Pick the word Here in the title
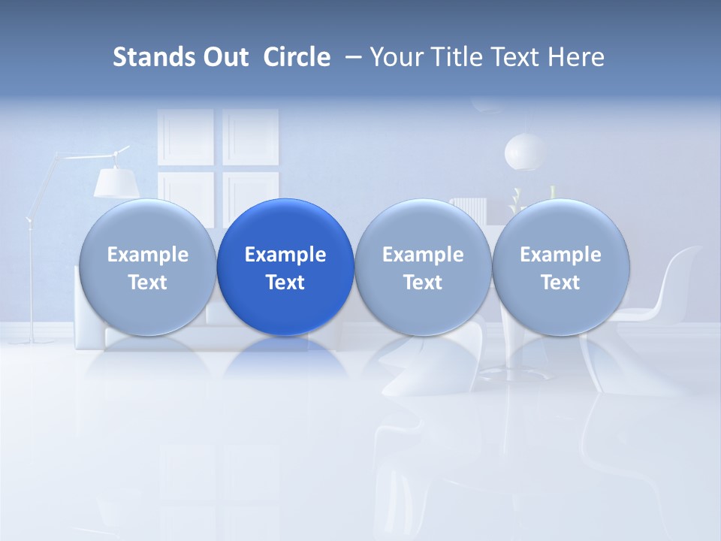pyautogui.click(x=577, y=57)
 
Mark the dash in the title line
pyautogui.click(x=351, y=58)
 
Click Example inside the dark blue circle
pyautogui.click(x=285, y=255)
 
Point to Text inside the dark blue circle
pyautogui.click(x=285, y=283)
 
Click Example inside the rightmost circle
pyautogui.click(x=560, y=255)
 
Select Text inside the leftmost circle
pyautogui.click(x=147, y=283)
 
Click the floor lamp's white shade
pyautogui.click(x=115, y=182)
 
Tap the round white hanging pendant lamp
pyautogui.click(x=525, y=151)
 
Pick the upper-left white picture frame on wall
pyautogui.click(x=186, y=137)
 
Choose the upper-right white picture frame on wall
pyautogui.click(x=251, y=137)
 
